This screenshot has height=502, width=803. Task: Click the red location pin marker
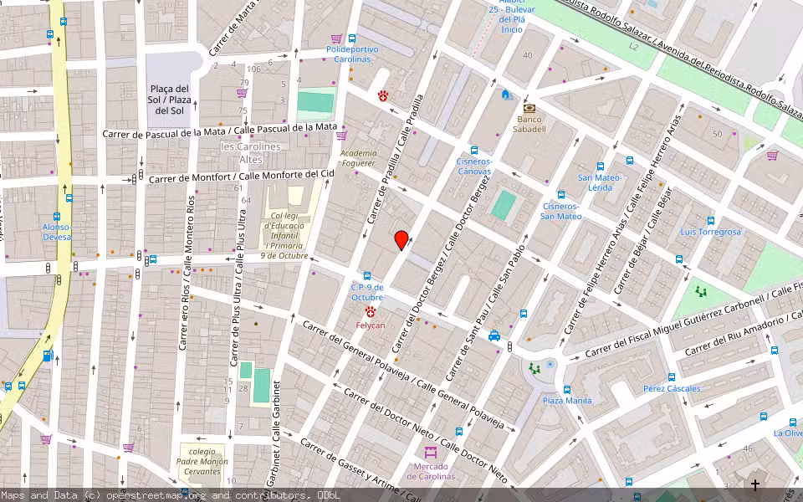pyautogui.click(x=401, y=240)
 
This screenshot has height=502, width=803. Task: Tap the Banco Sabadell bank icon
pyautogui.click(x=529, y=109)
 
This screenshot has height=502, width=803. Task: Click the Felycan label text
pyautogui.click(x=370, y=325)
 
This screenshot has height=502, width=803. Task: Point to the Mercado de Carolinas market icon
pyautogui.click(x=431, y=453)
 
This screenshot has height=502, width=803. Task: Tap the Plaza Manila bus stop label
pyautogui.click(x=567, y=400)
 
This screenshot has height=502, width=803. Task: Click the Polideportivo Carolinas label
pyautogui.click(x=352, y=54)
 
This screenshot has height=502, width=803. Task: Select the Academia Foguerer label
pyautogui.click(x=358, y=158)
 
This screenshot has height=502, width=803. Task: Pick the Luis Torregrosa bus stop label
pyautogui.click(x=710, y=232)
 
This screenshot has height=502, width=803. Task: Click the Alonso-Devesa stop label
pyautogui.click(x=58, y=232)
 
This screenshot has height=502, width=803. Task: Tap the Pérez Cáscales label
pyautogui.click(x=672, y=388)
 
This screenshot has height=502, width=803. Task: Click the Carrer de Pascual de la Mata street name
pyautogui.click(x=219, y=131)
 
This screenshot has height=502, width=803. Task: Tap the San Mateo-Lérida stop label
pyautogui.click(x=600, y=182)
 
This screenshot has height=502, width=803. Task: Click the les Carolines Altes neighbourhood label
pyautogui.click(x=239, y=152)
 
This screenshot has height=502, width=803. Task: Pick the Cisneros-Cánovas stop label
pyautogui.click(x=473, y=166)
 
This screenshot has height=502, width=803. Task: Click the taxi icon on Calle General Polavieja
pyautogui.click(x=494, y=336)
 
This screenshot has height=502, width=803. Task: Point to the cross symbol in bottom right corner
pyautogui.click(x=755, y=484)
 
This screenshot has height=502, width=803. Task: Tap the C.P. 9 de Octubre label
pyautogui.click(x=367, y=292)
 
